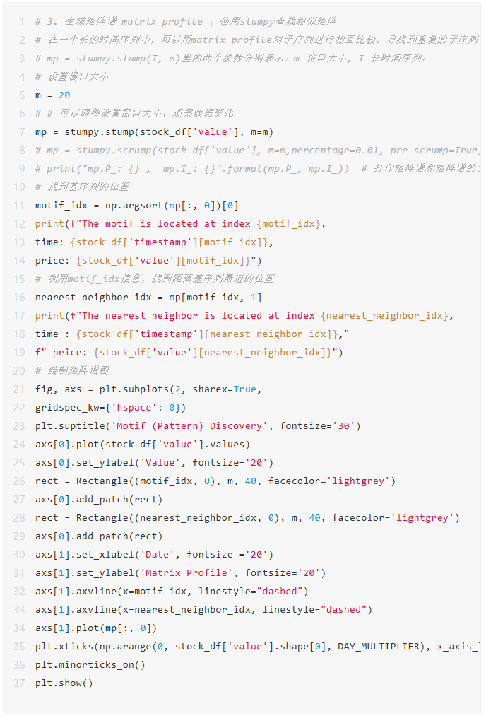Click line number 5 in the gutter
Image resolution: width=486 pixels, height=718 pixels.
pyautogui.click(x=21, y=95)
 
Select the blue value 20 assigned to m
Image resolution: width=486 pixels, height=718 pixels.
pyautogui.click(x=64, y=95)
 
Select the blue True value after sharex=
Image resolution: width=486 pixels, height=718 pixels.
pyautogui.click(x=245, y=389)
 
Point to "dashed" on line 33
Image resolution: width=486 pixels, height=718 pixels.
pyautogui.click(x=343, y=609)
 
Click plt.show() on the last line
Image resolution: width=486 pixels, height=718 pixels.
pyautogui.click(x=64, y=683)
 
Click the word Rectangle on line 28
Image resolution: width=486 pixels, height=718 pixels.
pyautogui.click(x=90, y=517)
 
